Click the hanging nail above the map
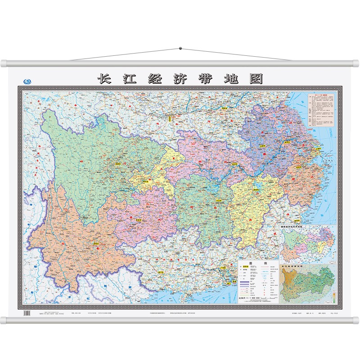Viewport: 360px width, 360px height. [x=180, y=48]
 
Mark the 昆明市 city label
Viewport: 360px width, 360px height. [x=95, y=243]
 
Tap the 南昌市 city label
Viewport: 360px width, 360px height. [x=258, y=189]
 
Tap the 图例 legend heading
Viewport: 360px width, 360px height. [x=258, y=263]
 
